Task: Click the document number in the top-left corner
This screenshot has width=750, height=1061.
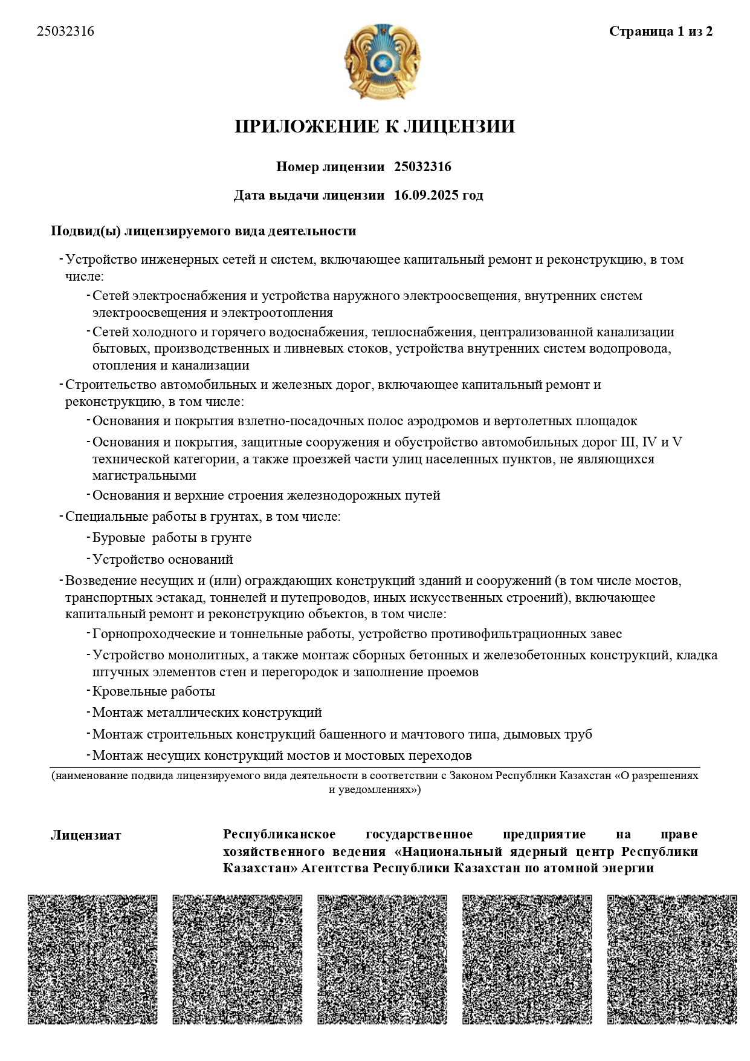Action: click(x=65, y=31)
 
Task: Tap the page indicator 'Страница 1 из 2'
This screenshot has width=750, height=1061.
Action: click(x=661, y=31)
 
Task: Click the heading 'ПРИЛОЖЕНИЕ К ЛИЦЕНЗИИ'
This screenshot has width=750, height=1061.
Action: click(x=375, y=126)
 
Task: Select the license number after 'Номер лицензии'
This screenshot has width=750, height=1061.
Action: click(x=422, y=167)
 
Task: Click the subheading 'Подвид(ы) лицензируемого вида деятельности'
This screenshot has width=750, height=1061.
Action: click(x=204, y=231)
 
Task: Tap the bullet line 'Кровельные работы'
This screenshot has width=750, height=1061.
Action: click(x=154, y=691)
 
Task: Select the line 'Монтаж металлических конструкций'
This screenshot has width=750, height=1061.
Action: click(x=207, y=713)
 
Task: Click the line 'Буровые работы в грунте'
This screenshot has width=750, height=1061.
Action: click(x=172, y=538)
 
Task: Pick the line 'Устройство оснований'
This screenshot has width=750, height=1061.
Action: click(x=163, y=560)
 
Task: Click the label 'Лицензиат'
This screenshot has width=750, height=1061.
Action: click(x=86, y=835)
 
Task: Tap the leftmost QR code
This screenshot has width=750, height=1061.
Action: click(x=92, y=959)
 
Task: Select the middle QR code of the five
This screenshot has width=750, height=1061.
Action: click(x=382, y=959)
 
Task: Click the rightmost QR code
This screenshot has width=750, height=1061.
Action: click(x=672, y=959)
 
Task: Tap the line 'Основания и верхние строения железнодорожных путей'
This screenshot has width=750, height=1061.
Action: click(x=266, y=495)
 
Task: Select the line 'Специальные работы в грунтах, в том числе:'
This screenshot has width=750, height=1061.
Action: click(x=203, y=517)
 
